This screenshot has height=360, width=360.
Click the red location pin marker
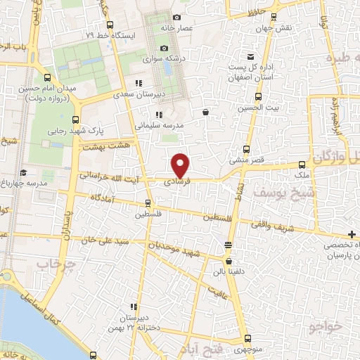coord(181,165)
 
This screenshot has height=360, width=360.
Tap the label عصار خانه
coord(196,28)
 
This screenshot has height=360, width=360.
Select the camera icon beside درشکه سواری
coord(164,48)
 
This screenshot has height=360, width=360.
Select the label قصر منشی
coord(247,160)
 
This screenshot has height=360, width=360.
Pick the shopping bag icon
coord(205,111)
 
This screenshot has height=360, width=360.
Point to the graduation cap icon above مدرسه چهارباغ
coord(23,172)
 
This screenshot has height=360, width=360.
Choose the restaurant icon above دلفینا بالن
coord(226,245)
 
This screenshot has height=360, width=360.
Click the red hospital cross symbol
coord(351,234)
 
